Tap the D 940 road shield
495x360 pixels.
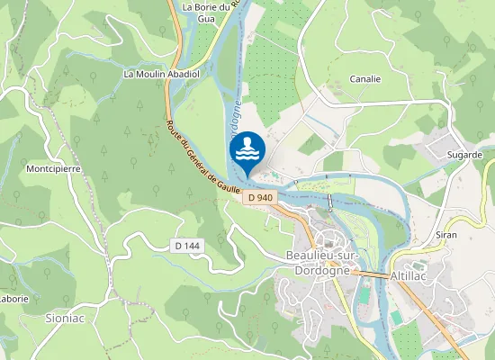point(259,198)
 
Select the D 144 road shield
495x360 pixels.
point(186,246)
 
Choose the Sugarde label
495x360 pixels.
point(465,155)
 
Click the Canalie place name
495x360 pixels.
point(364,78)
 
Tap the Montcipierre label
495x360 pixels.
point(56,168)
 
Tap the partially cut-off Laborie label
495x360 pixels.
point(13,299)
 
